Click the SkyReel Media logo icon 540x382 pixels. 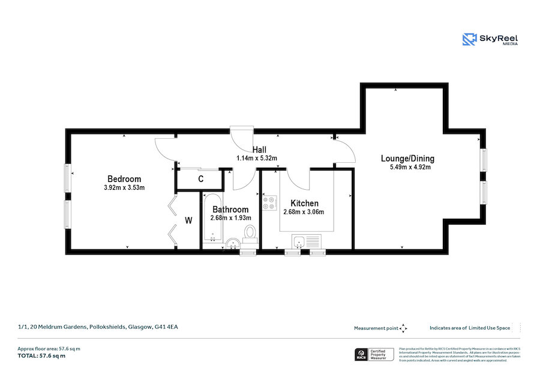pyautogui.click(x=469, y=40)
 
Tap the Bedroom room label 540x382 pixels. pyautogui.click(x=124, y=179)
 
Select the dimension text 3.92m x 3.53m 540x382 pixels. pyautogui.click(x=124, y=188)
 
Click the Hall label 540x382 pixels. pyautogui.click(x=259, y=150)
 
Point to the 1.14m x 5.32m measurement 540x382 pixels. pyautogui.click(x=256, y=159)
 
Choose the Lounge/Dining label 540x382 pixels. pyautogui.click(x=407, y=159)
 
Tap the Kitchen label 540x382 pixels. pyautogui.click(x=304, y=204)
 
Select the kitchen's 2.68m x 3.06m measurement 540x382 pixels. pyautogui.click(x=304, y=212)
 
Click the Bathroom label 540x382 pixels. pyautogui.click(x=230, y=210)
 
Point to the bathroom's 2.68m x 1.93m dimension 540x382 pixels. pyautogui.click(x=230, y=218)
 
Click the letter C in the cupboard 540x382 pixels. pyautogui.click(x=200, y=179)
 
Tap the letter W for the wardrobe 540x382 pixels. pyautogui.click(x=188, y=220)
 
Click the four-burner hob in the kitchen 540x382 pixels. pyautogui.click(x=269, y=204)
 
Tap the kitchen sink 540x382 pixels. pyautogui.click(x=307, y=241)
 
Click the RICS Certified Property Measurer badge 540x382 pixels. pyautogui.click(x=374, y=354)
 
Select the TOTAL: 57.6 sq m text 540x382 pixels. pyautogui.click(x=41, y=356)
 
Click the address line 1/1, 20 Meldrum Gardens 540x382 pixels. pyautogui.click(x=98, y=327)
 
